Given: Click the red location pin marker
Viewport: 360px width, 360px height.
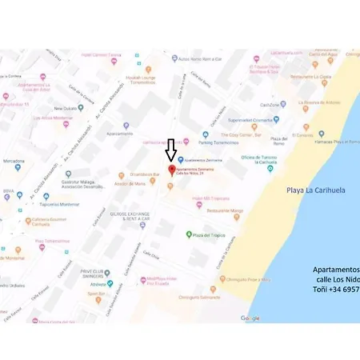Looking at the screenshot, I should click(170, 171).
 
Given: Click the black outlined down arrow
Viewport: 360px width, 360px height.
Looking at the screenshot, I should click(170, 150).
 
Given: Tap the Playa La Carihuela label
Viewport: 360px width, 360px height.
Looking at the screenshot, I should click(315, 190).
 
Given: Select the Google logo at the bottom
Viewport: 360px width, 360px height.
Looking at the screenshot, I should click(250, 318).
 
